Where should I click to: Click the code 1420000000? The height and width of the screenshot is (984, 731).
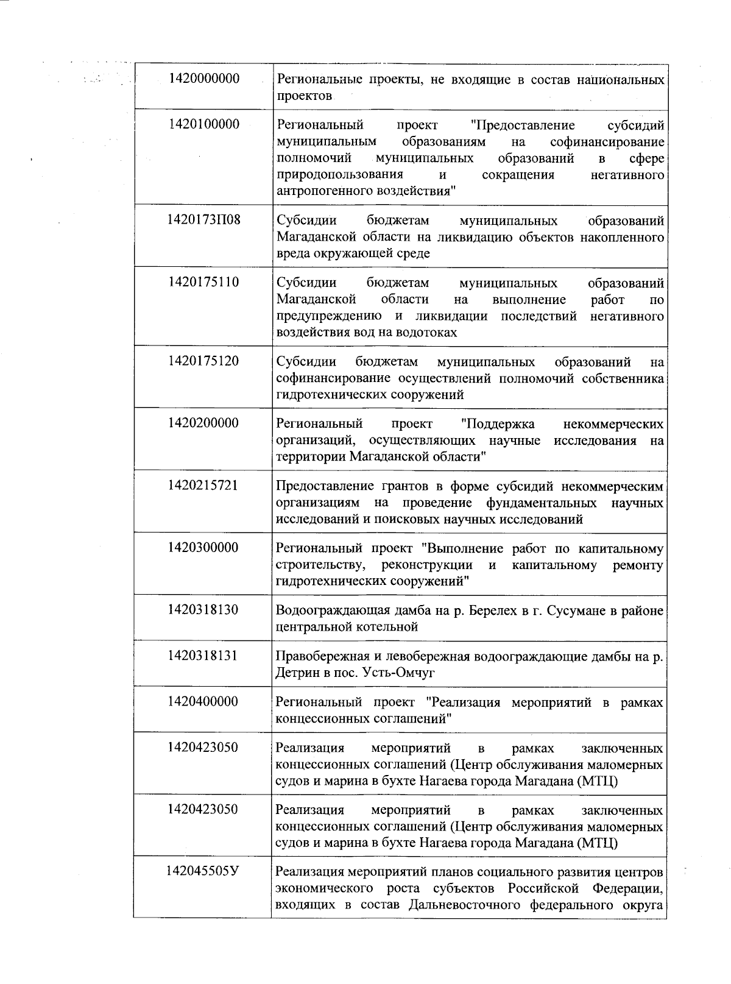tap(204, 79)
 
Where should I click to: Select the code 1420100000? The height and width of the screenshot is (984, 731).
tap(204, 124)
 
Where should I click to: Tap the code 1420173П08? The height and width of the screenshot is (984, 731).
tap(204, 219)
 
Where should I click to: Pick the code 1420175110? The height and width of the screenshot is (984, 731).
tap(204, 282)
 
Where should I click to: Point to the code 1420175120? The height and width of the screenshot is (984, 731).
tap(204, 361)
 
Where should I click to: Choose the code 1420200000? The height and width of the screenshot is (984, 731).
tap(204, 423)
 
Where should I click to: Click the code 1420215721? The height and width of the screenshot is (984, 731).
tap(204, 486)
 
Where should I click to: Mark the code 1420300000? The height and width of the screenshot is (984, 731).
tap(204, 548)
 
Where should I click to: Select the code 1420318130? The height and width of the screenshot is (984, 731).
tap(204, 610)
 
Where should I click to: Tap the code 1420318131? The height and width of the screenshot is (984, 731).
tap(204, 656)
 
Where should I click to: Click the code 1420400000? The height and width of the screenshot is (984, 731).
tap(204, 701)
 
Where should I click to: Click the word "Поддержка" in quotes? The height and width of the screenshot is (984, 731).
tap(497, 423)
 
